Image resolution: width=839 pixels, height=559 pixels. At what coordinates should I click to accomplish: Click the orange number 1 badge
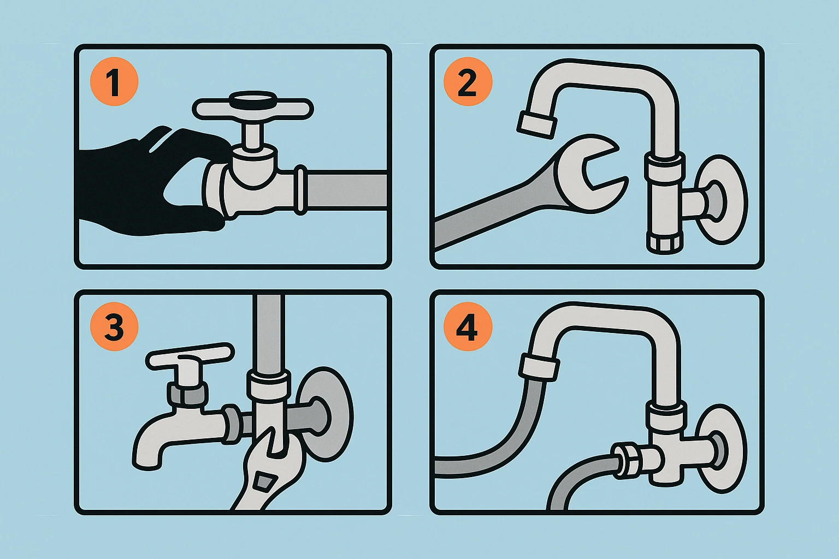click(114, 82)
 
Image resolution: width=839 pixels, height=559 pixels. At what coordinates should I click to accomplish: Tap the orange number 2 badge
click(468, 82)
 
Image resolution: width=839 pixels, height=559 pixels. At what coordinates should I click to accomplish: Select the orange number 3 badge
click(114, 326)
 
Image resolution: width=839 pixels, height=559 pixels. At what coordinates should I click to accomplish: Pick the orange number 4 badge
click(468, 326)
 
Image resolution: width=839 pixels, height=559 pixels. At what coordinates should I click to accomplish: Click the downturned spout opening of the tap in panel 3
click(147, 462)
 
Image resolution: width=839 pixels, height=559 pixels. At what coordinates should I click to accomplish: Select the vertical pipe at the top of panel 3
click(269, 333)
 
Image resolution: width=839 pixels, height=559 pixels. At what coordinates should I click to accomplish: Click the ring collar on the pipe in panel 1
click(300, 190)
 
